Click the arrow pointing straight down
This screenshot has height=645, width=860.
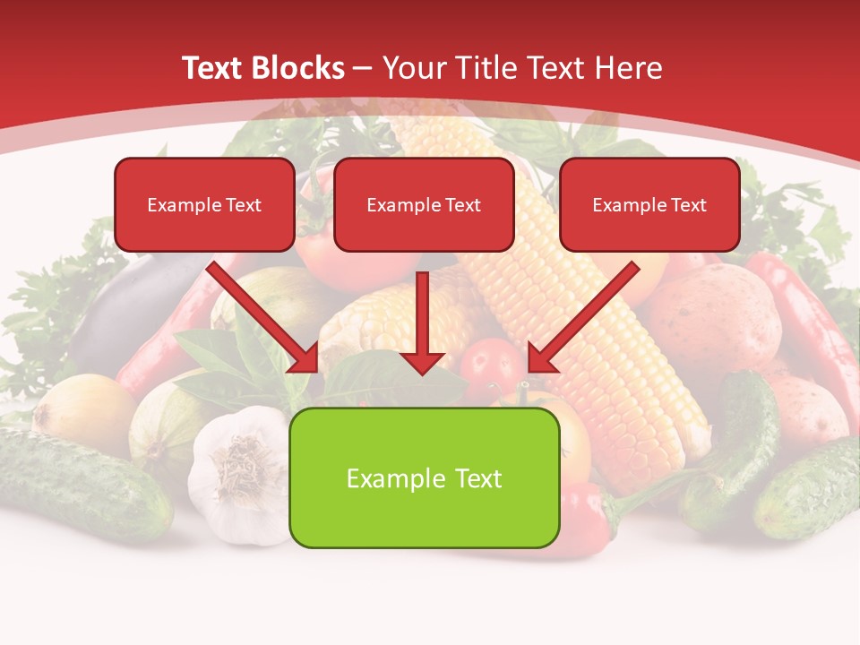tap(423, 322)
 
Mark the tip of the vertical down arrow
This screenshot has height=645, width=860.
tap(423, 372)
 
